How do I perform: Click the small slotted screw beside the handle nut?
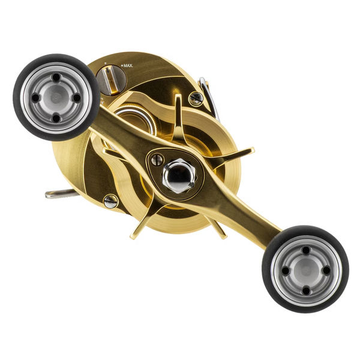157,160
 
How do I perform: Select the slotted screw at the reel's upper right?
196,99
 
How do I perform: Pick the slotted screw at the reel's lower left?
110,202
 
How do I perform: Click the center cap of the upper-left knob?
56,97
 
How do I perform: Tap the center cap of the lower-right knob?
305,270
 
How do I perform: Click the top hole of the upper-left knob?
56,77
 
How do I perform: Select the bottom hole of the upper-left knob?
56,118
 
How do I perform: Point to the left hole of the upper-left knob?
36,97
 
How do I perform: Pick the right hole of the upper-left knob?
76,97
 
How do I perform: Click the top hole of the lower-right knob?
305,250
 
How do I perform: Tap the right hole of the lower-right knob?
326,270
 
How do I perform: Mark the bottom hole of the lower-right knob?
305,290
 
